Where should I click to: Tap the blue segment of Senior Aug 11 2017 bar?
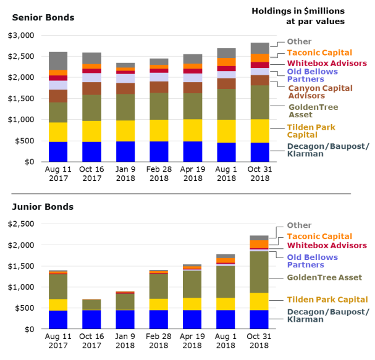click(58, 151)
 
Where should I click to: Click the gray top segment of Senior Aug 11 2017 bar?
click(58, 61)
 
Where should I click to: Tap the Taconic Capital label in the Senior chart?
click(319, 52)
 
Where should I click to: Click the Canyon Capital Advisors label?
click(321, 92)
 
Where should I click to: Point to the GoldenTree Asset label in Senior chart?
click(313, 111)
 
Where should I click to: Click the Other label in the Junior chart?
click(300, 225)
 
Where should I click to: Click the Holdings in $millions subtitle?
click(298, 16)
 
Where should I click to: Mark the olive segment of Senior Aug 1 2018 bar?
click(226, 104)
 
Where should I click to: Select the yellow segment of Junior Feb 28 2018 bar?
click(159, 304)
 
